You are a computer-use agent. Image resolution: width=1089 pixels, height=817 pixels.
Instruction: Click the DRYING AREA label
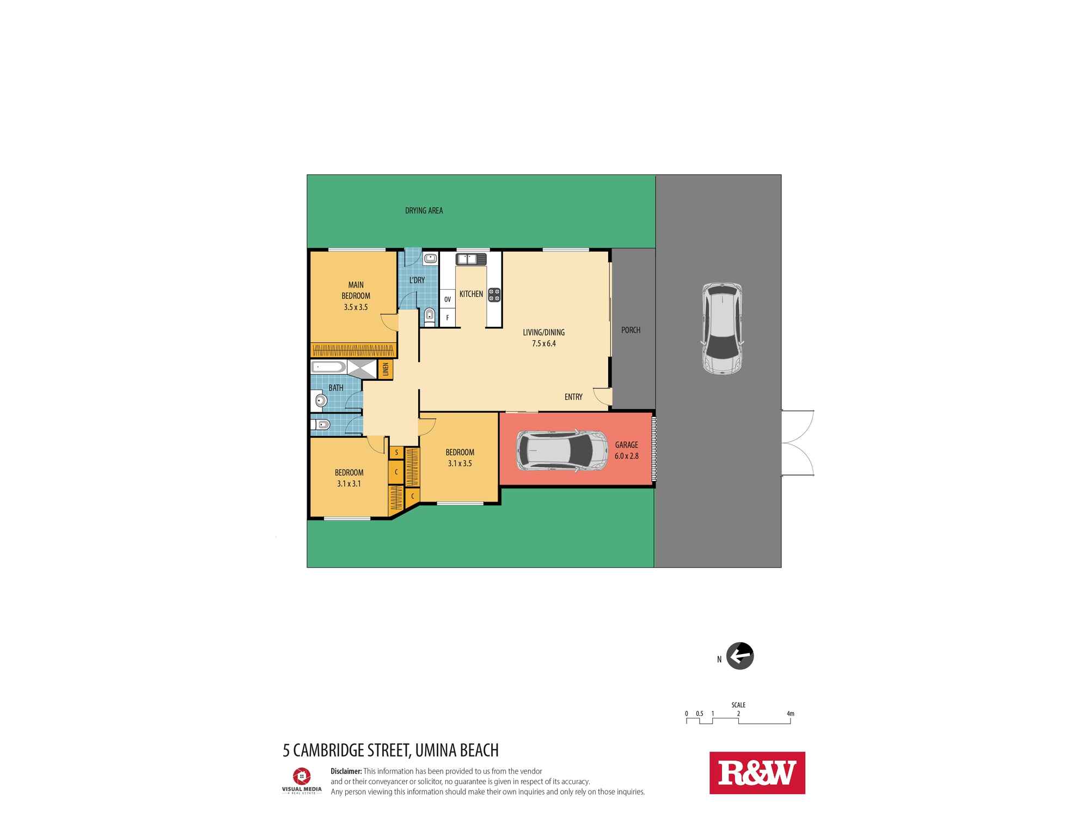pos(424,211)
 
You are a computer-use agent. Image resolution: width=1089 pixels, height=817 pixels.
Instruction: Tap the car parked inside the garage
pos(562,450)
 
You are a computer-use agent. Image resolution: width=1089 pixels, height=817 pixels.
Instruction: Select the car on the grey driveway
pos(722,328)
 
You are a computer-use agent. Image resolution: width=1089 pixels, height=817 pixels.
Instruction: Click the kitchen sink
pos(471,259)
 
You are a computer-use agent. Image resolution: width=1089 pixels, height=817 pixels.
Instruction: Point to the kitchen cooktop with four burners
pos(494,295)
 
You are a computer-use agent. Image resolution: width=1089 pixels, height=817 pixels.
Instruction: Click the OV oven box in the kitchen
pos(448,299)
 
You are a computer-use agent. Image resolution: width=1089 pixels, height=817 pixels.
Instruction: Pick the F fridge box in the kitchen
pos(448,318)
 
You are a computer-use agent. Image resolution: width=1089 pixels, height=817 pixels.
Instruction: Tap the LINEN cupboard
pos(386,369)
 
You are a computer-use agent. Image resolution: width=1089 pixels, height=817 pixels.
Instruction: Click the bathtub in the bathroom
pos(328,367)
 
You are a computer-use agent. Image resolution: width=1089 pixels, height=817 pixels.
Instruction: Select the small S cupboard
pos(396,453)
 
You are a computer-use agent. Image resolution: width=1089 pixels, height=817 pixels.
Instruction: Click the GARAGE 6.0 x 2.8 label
pos(626,450)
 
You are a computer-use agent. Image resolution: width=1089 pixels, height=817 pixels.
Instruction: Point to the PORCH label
pos(631,330)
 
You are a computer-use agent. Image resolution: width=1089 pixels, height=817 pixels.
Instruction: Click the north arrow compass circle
pos(740,656)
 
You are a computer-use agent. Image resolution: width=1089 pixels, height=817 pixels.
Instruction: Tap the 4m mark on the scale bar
pos(790,714)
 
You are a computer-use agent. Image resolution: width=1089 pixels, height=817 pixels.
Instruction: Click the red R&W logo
pos(757,773)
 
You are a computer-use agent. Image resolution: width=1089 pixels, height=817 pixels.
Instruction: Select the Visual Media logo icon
pos(302,776)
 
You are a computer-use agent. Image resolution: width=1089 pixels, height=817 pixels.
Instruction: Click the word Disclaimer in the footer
pos(346,771)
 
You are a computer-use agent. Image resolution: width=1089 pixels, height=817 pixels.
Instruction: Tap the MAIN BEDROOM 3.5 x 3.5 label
pos(356,296)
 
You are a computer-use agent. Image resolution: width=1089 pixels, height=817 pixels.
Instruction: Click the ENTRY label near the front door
pos(573,397)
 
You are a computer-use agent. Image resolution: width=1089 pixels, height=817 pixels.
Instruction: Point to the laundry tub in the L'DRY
pos(430,259)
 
